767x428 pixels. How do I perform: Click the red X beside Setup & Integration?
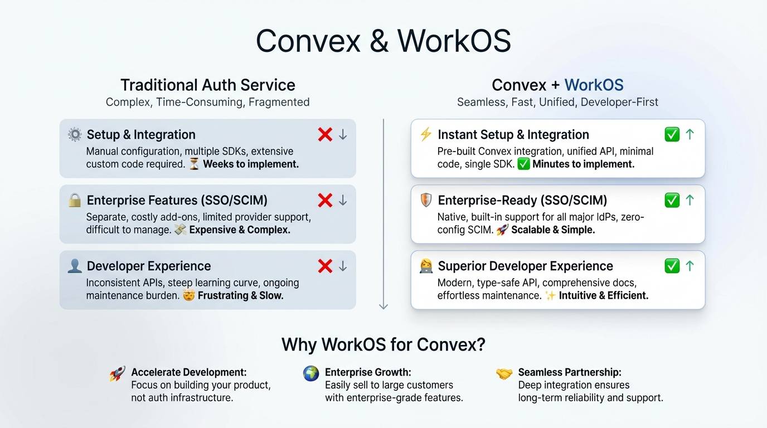tap(325, 134)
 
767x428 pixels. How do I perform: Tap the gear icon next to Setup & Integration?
tap(74, 134)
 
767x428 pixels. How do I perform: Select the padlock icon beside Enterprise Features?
tap(74, 200)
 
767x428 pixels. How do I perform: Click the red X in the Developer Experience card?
tap(325, 266)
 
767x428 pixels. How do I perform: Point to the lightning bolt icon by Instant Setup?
tap(425, 134)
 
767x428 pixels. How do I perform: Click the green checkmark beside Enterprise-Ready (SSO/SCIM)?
tap(672, 200)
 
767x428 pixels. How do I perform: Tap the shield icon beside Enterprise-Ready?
tap(426, 200)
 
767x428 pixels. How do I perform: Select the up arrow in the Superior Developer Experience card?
tap(690, 266)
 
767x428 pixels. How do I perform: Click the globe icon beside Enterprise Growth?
tap(311, 373)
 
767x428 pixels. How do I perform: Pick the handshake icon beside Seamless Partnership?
tap(504, 373)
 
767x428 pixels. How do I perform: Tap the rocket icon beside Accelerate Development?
tap(117, 373)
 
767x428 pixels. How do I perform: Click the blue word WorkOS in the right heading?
tap(594, 85)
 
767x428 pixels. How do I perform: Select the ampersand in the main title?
tap(379, 41)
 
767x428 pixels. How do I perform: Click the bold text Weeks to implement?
tap(251, 164)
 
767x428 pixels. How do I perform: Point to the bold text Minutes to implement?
tap(583, 164)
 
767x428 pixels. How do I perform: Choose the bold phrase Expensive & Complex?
tap(240, 230)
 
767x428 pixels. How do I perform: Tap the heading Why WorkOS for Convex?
tap(384, 344)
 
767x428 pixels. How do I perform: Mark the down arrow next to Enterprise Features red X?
tap(343, 201)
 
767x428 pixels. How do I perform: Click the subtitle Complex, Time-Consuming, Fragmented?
tap(207, 102)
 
